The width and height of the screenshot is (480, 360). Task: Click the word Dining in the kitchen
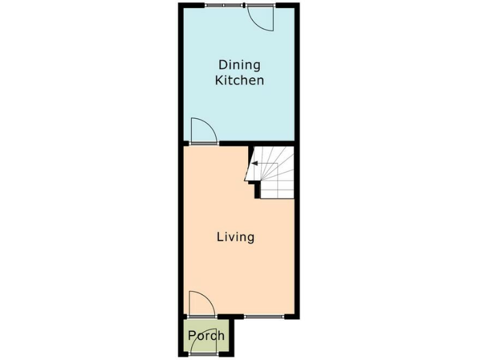pos(239,64)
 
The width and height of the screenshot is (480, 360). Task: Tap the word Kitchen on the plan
pos(239,81)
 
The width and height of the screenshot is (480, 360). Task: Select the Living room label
pos(235,237)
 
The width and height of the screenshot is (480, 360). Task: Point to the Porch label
pos(206,336)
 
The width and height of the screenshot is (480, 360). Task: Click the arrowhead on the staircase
pos(254,164)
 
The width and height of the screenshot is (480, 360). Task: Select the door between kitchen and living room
pos(202,132)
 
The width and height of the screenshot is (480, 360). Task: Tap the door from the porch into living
pos(201,304)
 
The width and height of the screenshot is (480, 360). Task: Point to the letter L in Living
pos(220,237)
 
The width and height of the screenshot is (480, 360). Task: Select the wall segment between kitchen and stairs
pos(272,143)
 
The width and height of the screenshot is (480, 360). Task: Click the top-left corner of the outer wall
pos(181,6)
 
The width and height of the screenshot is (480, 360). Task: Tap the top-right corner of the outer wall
pos(297,6)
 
